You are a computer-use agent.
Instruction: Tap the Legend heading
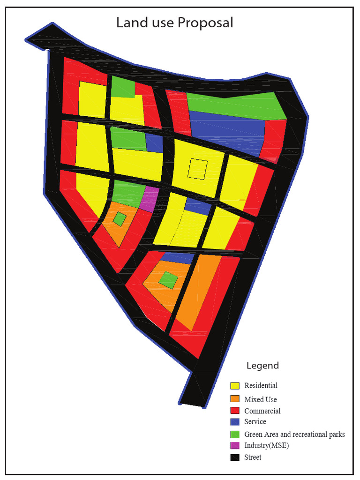(x=262, y=366)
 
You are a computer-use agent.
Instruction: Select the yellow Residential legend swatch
(x=235, y=386)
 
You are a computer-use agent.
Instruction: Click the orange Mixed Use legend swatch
(x=235, y=399)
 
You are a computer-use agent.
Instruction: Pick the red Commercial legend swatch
(x=235, y=411)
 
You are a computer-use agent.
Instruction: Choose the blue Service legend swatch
(x=235, y=422)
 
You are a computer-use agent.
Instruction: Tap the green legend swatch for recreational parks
(x=235, y=434)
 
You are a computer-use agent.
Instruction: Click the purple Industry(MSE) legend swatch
(x=235, y=445)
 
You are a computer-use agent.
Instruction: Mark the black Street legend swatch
(x=235, y=457)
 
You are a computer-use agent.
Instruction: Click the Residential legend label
(x=261, y=386)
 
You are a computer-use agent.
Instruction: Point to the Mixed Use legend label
(x=261, y=399)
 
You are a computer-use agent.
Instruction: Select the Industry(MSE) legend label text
(x=266, y=445)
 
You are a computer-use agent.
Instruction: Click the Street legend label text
(x=253, y=457)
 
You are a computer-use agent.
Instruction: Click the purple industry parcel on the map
(x=150, y=199)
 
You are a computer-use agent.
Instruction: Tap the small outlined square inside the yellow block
(x=197, y=169)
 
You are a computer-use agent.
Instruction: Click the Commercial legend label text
(x=262, y=411)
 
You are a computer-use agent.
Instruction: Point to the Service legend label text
(x=255, y=422)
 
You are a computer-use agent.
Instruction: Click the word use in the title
(x=162, y=22)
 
